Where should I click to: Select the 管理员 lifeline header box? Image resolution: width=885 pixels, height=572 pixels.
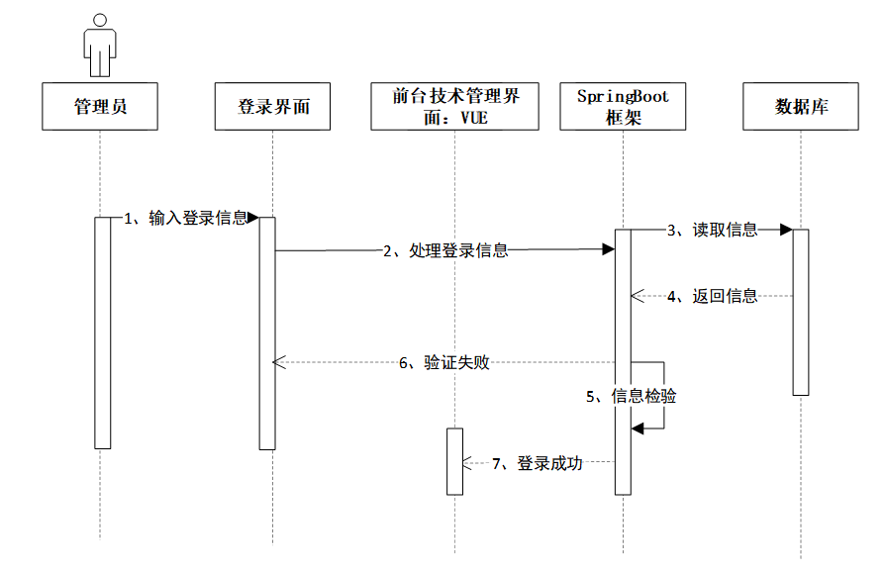click(x=100, y=107)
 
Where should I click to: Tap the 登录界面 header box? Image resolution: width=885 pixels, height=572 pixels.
click(x=273, y=107)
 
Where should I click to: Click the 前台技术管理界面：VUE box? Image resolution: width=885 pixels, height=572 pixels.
click(x=455, y=107)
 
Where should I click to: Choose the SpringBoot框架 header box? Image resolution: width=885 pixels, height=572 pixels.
click(x=623, y=107)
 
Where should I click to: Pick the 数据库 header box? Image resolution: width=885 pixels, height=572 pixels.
click(x=801, y=107)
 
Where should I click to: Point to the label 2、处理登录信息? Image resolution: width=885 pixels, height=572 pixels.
click(x=445, y=251)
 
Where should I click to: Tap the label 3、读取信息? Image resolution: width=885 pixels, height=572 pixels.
click(x=712, y=231)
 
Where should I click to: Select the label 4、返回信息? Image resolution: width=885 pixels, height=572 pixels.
click(x=712, y=295)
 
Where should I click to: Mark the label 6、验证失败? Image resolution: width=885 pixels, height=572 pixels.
click(x=444, y=363)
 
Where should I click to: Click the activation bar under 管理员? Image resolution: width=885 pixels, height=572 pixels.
click(x=102, y=333)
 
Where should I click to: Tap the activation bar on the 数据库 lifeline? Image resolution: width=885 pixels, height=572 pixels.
click(x=801, y=312)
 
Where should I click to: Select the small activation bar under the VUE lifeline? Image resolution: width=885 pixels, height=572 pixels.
click(x=454, y=461)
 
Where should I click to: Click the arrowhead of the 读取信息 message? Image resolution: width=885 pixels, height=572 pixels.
click(x=786, y=231)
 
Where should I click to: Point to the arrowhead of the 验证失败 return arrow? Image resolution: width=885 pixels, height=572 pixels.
click(x=279, y=363)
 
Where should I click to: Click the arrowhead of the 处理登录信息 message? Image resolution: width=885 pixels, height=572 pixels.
click(x=609, y=251)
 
